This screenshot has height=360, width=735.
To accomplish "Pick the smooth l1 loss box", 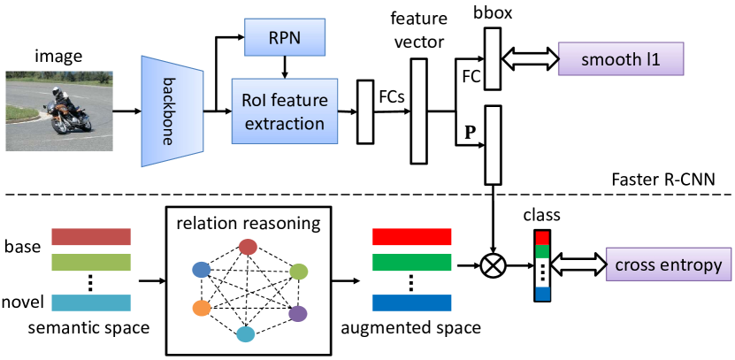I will (622, 61).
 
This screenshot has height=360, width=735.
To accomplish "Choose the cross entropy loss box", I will (666, 264).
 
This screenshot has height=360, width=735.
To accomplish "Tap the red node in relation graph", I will (249, 246).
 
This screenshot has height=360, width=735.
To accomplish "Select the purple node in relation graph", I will (297, 312).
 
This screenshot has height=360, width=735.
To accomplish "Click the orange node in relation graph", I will (200, 309).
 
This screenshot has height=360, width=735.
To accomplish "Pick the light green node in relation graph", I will (299, 271).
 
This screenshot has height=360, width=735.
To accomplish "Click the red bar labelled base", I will (91, 237).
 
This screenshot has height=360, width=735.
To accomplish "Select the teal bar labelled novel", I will (91, 303).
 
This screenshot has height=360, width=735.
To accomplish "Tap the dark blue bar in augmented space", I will (411, 303).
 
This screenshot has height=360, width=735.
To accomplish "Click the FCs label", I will (392, 95).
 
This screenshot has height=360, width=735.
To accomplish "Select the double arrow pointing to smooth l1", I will (529, 60).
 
